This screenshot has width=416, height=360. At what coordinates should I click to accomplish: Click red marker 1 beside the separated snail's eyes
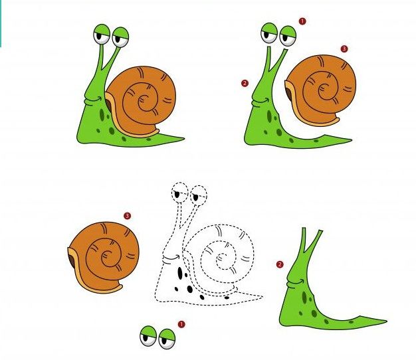pos(302,21)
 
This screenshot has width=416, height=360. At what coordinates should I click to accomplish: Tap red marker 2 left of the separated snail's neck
pos(245,83)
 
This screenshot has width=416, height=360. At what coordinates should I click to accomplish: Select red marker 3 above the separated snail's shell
pos(344,48)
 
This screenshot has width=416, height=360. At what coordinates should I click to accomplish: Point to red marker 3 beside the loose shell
pos(127,215)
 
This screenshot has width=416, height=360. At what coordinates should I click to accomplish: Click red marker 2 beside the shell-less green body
pos(280,264)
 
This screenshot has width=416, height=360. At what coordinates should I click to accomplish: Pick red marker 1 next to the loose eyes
pos(181,324)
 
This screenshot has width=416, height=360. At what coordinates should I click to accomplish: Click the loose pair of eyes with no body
pos(157,338)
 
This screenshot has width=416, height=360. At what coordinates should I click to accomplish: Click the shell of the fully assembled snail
pos(142,100)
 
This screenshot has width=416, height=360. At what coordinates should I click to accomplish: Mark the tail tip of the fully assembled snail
pos(182,138)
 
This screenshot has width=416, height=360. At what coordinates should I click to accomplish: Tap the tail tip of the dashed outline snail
pos(261,298)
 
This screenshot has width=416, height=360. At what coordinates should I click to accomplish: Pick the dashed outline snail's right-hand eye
pos(197,195)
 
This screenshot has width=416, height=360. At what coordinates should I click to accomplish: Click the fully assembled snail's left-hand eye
pos(102,35)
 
